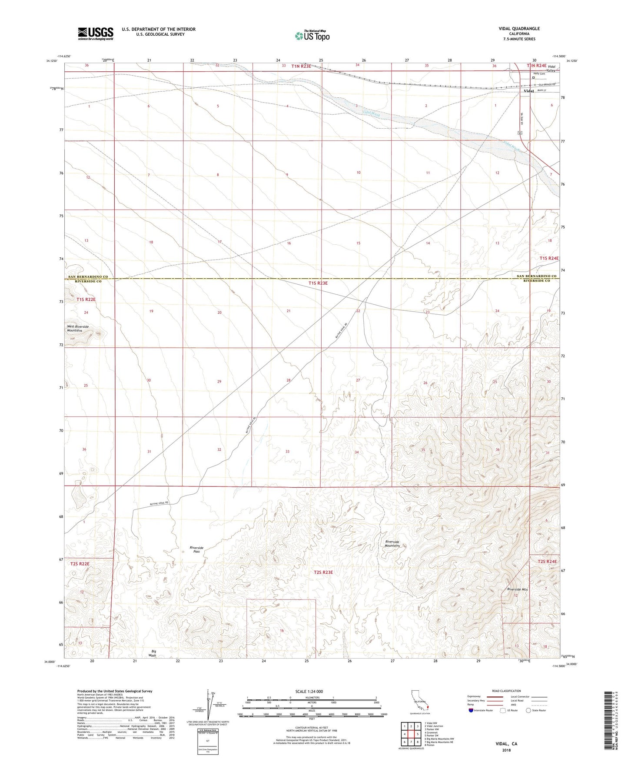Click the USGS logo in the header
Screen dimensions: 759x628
click(x=96, y=33)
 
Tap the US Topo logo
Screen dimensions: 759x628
click(x=312, y=36)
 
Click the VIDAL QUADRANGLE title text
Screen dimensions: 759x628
click(x=519, y=29)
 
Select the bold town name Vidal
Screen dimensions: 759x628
click(x=528, y=91)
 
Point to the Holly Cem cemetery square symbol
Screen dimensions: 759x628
click(x=533, y=78)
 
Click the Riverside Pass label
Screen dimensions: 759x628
click(x=196, y=549)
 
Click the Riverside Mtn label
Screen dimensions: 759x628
click(x=517, y=589)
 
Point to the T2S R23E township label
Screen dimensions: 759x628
click(x=323, y=572)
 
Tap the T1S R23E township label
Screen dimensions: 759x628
click(x=318, y=283)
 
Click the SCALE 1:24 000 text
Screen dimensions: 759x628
click(x=311, y=691)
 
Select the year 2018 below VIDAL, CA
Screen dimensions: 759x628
click(x=506, y=750)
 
